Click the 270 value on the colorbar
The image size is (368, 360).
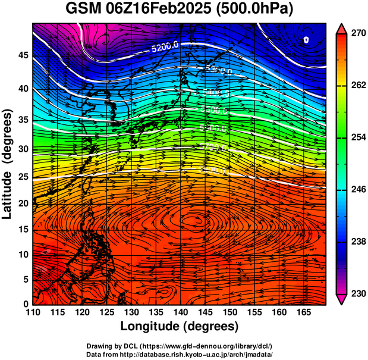tap(357, 34)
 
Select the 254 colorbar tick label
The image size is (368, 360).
tap(357, 138)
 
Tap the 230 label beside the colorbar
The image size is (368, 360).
tap(357, 293)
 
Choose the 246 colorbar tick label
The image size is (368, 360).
tap(357, 190)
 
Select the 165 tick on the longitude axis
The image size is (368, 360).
tap(303, 312)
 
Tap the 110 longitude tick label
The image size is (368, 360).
tap(33, 312)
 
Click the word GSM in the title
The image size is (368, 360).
tap(85, 9)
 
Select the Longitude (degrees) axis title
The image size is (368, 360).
tap(180, 326)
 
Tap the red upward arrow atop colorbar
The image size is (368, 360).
tap(342, 28)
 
